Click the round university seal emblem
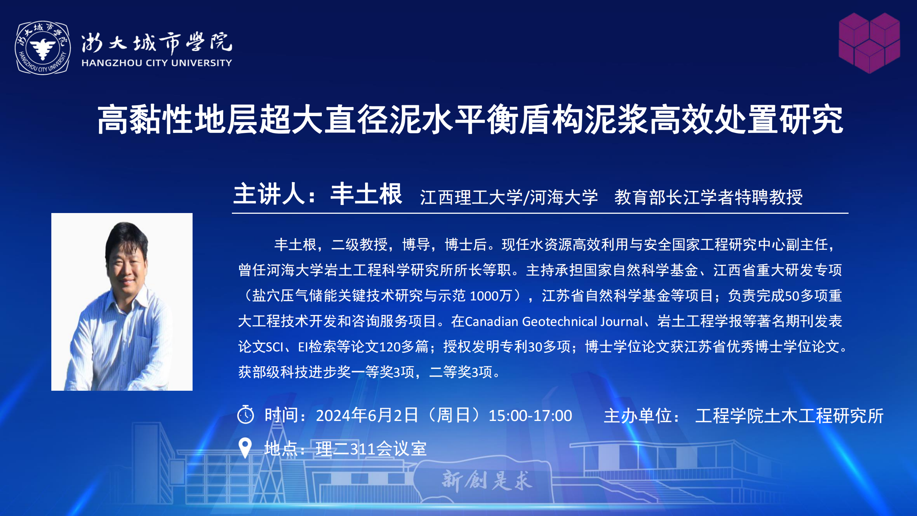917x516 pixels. [x=43, y=48]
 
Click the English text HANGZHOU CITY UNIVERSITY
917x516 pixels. [x=157, y=63]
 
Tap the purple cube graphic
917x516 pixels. [x=869, y=43]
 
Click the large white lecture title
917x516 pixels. [x=470, y=119]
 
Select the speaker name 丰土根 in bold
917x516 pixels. [x=366, y=194]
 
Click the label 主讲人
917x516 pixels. [x=269, y=194]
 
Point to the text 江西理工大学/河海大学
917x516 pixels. [x=509, y=197]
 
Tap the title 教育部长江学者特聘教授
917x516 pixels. [x=708, y=197]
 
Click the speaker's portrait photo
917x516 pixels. [x=122, y=302]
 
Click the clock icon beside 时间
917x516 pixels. [x=246, y=414]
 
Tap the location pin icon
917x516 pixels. [x=245, y=448]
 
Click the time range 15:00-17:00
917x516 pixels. [x=530, y=416]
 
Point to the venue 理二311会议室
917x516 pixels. [x=371, y=449]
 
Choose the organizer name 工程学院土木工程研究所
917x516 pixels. [x=790, y=416]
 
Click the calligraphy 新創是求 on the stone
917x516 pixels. [x=487, y=480]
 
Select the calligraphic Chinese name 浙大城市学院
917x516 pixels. [x=157, y=43]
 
